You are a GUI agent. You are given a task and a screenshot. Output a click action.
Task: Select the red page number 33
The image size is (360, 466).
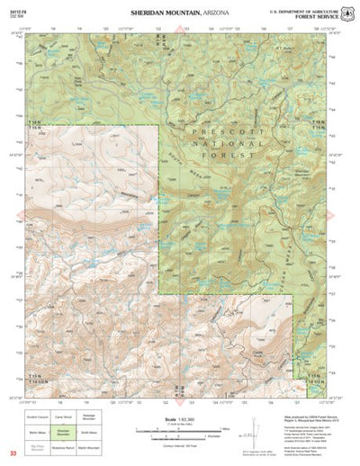(13, 453)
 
